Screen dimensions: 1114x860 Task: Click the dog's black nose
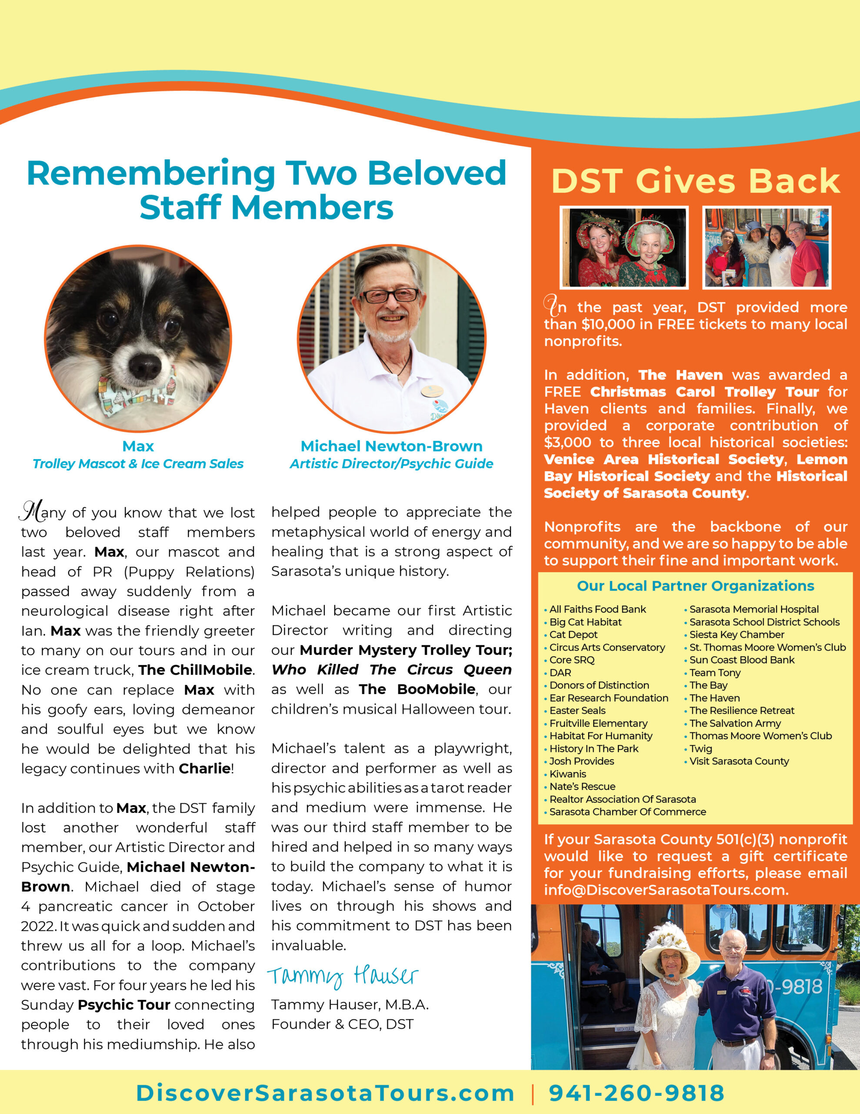pyautogui.click(x=145, y=365)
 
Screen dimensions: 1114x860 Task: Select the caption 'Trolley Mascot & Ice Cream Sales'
pyautogui.click(x=138, y=463)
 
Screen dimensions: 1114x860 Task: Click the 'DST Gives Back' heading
pyautogui.click(x=695, y=181)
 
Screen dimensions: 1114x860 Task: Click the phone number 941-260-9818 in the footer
pyautogui.click(x=636, y=1093)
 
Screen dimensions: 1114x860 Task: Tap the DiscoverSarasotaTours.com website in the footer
pyautogui.click(x=325, y=1093)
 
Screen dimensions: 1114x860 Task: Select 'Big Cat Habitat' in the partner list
pyautogui.click(x=585, y=622)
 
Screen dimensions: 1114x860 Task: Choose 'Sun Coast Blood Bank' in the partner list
pyautogui.click(x=742, y=660)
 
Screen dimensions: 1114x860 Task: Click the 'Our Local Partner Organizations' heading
pyautogui.click(x=695, y=586)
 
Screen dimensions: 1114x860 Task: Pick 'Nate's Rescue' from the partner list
pyautogui.click(x=582, y=786)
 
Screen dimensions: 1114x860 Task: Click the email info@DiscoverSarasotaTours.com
pyautogui.click(x=666, y=890)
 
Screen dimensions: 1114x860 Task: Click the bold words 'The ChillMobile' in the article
pyautogui.click(x=195, y=670)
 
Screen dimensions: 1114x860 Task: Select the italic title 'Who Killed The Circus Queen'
pyautogui.click(x=391, y=669)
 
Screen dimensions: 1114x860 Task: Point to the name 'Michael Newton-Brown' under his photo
pyautogui.click(x=391, y=446)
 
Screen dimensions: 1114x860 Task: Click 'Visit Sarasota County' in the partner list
pyautogui.click(x=739, y=761)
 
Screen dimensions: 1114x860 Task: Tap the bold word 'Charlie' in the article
pyautogui.click(x=204, y=768)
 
